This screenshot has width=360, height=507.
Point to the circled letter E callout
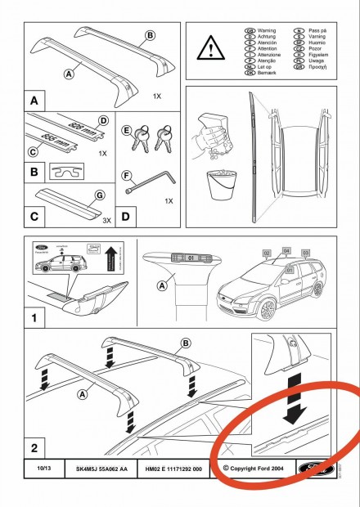pyautogui.click(x=126, y=130)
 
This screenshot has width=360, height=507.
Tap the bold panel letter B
pyautogui.click(x=34, y=173)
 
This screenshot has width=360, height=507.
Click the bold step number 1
pyautogui.click(x=34, y=314)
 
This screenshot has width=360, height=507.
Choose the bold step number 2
pyautogui.click(x=34, y=448)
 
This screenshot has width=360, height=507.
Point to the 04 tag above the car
pyautogui.click(x=286, y=249)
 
